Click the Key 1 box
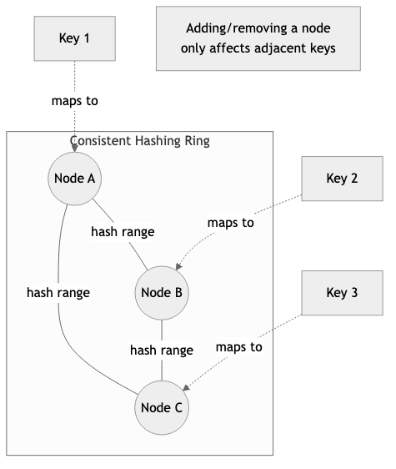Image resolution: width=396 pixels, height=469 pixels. tap(75, 38)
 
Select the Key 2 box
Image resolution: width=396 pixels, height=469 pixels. tap(342, 179)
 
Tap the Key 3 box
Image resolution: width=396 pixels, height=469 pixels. tap(342, 293)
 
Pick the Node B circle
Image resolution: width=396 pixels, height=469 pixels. tap(162, 292)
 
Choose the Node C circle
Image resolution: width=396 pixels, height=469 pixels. tap(162, 407)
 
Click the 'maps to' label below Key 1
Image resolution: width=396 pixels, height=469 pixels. tap(75, 101)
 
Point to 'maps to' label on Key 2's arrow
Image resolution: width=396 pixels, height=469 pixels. tap(230, 223)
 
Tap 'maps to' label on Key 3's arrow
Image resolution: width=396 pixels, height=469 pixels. tap(238, 346)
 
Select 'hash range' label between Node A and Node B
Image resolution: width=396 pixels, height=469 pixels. tap(123, 232)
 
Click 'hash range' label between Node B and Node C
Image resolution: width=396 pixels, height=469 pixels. tap(162, 350)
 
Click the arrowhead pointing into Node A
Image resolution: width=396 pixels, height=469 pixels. tap(76, 148)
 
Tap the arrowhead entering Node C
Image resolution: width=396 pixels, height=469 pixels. tap(185, 386)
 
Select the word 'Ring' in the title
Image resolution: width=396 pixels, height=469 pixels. tap(197, 141)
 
